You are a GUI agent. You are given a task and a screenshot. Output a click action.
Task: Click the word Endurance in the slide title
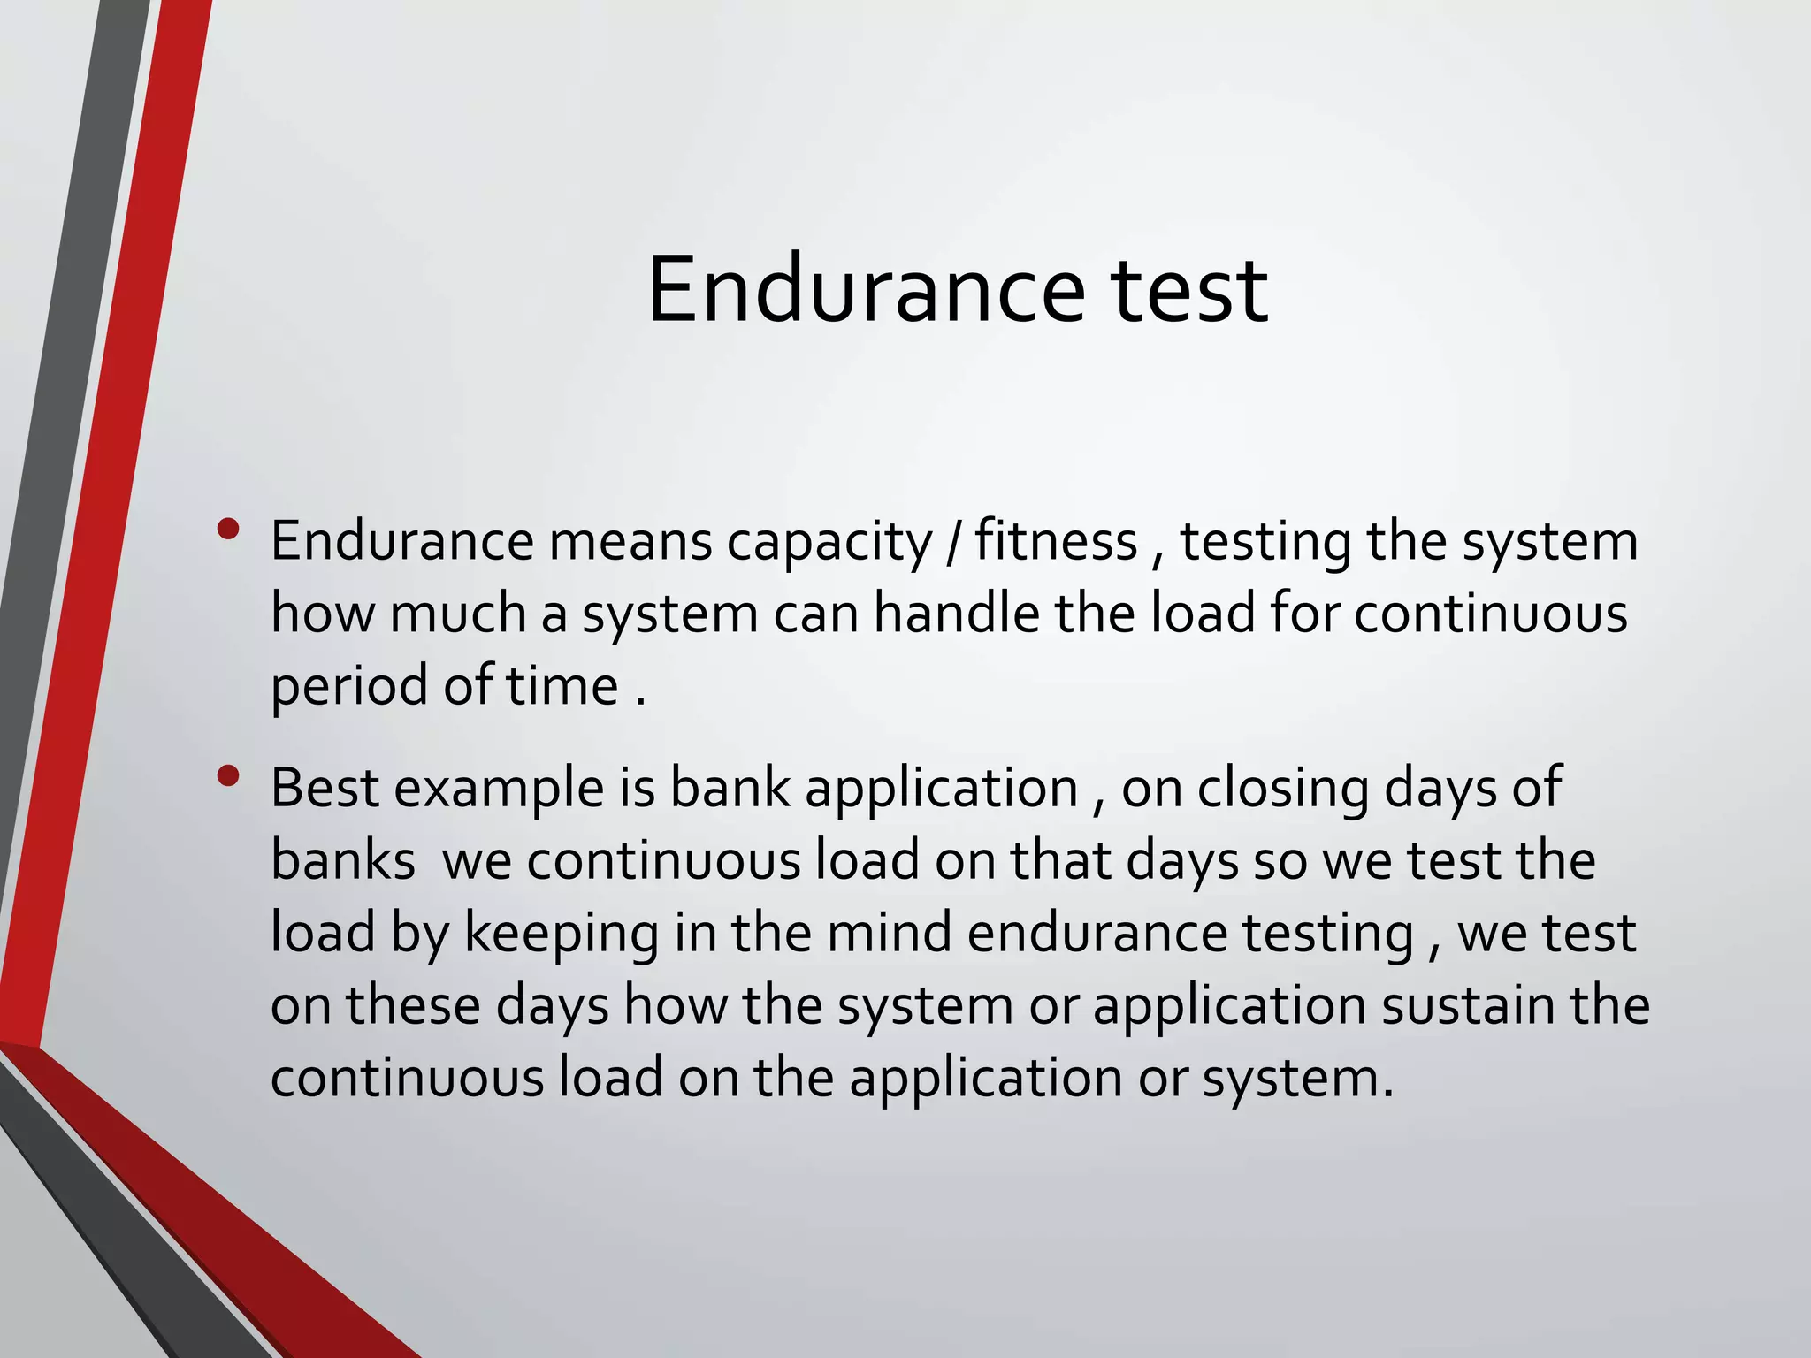pyautogui.click(x=865, y=290)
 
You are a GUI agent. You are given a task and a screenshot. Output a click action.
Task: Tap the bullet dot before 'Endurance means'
pyautogui.click(x=228, y=530)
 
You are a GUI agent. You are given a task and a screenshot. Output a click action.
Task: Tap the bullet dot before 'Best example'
pyautogui.click(x=228, y=775)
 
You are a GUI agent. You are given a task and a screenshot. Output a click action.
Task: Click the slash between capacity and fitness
pyautogui.click(x=952, y=542)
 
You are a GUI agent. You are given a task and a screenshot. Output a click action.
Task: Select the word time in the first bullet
pyautogui.click(x=562, y=685)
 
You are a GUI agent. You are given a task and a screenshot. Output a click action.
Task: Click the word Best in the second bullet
pyautogui.click(x=324, y=787)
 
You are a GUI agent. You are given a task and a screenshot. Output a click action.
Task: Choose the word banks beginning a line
pyautogui.click(x=342, y=859)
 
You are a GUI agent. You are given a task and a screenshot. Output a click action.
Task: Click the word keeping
pyautogui.click(x=562, y=934)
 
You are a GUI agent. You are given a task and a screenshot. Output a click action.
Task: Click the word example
pyautogui.click(x=499, y=789)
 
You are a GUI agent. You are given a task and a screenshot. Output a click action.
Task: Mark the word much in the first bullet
pyautogui.click(x=458, y=613)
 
